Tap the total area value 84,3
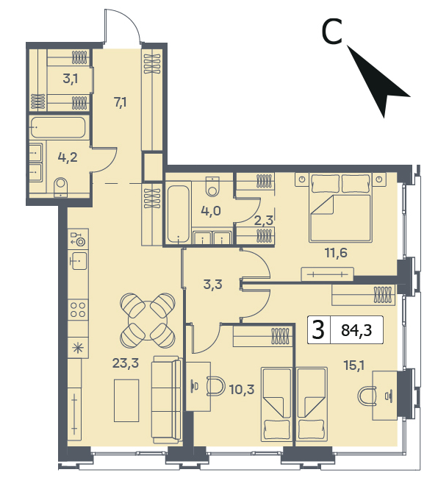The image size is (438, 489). click(x=356, y=330)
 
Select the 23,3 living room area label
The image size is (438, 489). click(x=126, y=363)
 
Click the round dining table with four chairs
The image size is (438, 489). click(x=148, y=321)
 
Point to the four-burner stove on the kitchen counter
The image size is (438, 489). click(x=78, y=310)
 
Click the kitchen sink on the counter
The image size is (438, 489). click(x=78, y=261)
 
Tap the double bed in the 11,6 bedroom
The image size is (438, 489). click(x=341, y=207)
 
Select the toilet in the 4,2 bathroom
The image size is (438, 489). click(x=60, y=187)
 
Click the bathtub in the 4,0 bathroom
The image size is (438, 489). click(x=178, y=214)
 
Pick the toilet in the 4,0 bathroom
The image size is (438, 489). click(x=213, y=186)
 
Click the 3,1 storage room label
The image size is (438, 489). click(x=71, y=79)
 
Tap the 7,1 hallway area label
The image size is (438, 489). click(x=120, y=102)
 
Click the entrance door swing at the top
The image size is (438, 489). click(x=122, y=26)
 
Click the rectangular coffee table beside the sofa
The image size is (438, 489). click(x=126, y=401)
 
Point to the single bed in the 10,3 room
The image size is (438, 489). click(x=276, y=404)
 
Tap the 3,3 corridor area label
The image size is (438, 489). click(x=212, y=285)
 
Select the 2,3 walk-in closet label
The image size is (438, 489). click(x=263, y=221)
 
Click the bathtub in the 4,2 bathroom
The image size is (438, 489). click(x=58, y=127)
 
